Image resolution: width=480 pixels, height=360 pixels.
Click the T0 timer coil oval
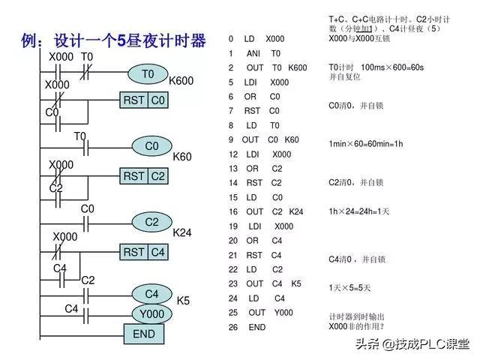pos(148,74)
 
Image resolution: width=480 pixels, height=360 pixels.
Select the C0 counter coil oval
pos(151,146)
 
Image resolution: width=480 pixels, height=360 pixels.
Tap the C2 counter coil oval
pos(151,222)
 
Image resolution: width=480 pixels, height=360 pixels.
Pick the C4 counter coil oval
pos(151,293)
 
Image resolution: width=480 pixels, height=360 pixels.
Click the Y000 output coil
pos(151,313)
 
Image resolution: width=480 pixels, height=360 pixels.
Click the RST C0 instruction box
pos(144,100)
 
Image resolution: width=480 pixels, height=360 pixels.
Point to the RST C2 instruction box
pos(144,176)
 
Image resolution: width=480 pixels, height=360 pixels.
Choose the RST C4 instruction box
pos(144,253)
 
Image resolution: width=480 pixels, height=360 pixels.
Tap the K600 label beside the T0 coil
pos(181,81)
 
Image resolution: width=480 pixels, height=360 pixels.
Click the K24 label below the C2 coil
pos(182,233)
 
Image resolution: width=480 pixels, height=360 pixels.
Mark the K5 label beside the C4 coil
pos(183,301)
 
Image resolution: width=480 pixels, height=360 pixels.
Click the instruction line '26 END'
pos(247,327)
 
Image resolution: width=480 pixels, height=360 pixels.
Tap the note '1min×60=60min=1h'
pos(366,143)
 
